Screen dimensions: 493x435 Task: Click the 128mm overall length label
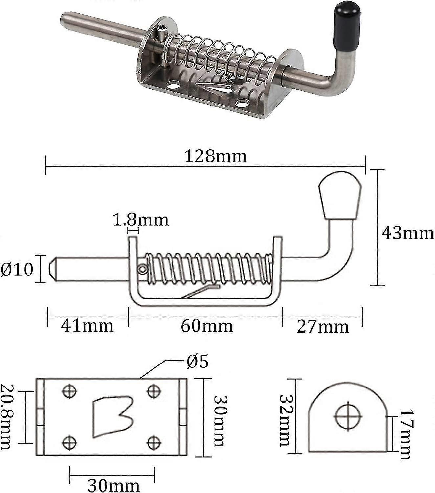pyautogui.click(x=215, y=156)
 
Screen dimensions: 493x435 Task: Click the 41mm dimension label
pyautogui.click(x=87, y=326)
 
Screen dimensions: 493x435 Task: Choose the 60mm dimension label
pyautogui.click(x=207, y=326)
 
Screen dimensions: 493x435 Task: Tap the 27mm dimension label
pyautogui.click(x=323, y=327)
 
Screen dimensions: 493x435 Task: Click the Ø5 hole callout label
pyautogui.click(x=197, y=362)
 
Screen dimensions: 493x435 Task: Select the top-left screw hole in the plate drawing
pyautogui.click(x=69, y=391)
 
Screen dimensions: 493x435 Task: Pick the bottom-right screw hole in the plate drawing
pyautogui.click(x=153, y=442)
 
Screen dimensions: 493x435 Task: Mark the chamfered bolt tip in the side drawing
pyautogui.click(x=53, y=269)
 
